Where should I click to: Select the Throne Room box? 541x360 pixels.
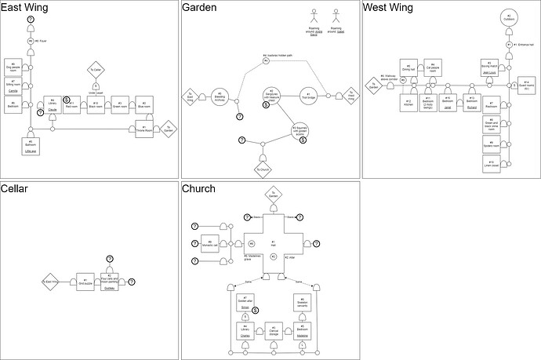(145, 128)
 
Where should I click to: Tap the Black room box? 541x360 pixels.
(96, 104)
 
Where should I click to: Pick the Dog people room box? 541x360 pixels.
(13, 67)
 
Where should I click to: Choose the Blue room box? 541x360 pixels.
(144, 104)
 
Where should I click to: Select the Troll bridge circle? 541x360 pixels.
(309, 96)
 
